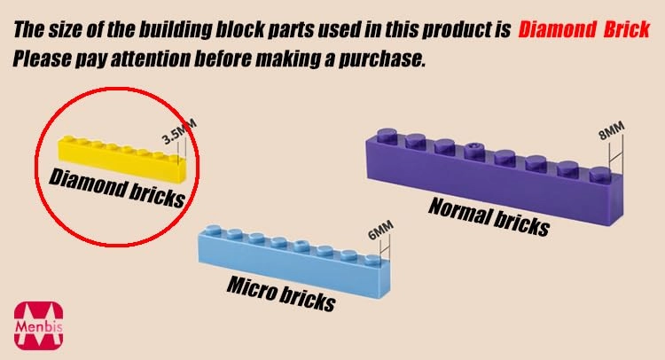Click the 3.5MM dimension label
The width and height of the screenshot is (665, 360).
click(x=179, y=131)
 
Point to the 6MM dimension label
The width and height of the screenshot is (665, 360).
click(x=380, y=231)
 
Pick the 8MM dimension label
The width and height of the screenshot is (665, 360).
click(x=612, y=130)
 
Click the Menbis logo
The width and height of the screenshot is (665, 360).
click(x=39, y=325)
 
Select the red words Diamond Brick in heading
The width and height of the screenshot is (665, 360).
click(x=583, y=29)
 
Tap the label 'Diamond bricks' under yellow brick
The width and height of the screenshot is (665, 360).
click(x=117, y=187)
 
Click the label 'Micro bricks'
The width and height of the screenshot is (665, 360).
click(x=282, y=293)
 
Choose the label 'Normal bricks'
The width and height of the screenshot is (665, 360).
click(x=489, y=216)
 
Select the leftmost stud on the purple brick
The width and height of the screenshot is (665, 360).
click(x=387, y=136)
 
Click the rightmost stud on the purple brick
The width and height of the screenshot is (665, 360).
click(x=600, y=174)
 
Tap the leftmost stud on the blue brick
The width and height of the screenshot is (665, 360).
click(x=213, y=231)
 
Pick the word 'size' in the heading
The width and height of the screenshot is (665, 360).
click(x=66, y=29)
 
